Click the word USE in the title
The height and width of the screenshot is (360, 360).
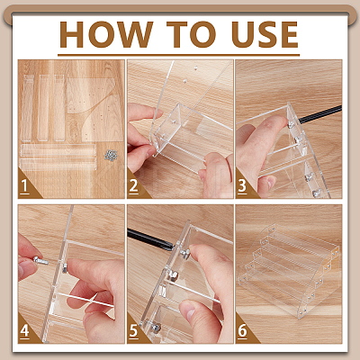[x=265, y=34]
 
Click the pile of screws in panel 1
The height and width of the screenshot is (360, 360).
[x=111, y=155]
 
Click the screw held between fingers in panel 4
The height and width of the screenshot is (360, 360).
[x=41, y=260]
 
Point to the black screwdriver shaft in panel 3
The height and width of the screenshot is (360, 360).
[x=319, y=114]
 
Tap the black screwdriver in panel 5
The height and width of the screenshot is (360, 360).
[x=150, y=238]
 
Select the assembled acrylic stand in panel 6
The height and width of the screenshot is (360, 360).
[x=289, y=270]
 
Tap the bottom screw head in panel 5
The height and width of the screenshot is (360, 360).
[x=156, y=328]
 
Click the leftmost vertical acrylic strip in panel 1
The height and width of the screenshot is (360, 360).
[x=27, y=109]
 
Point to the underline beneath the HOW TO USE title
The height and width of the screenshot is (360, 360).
[x=179, y=55]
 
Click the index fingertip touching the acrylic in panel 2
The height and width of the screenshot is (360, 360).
[x=157, y=113]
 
